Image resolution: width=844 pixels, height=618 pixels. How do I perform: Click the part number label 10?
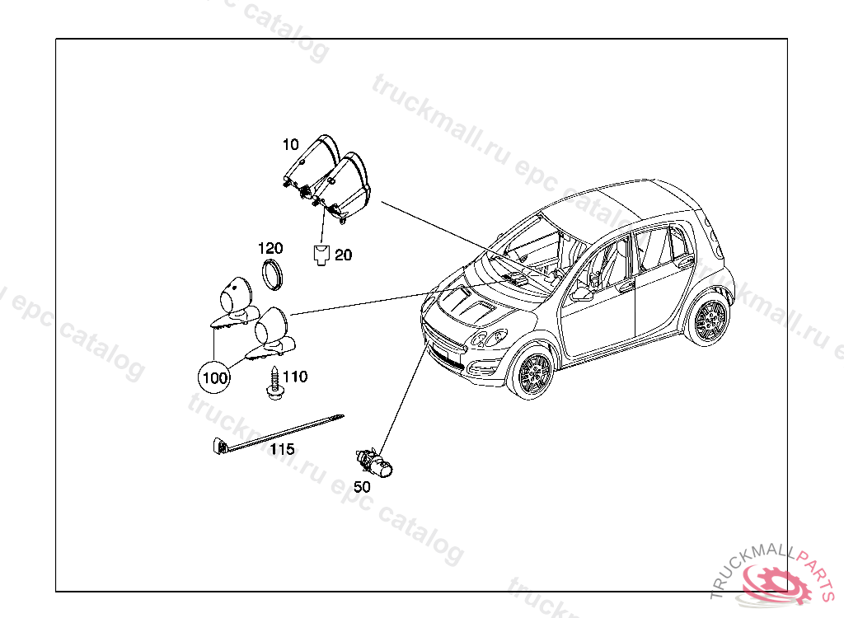tap(290, 145)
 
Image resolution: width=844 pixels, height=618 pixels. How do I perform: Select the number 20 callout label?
tap(343, 255)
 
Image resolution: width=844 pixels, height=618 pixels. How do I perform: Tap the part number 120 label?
tap(270, 248)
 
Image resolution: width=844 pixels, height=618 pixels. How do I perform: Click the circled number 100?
tap(214, 378)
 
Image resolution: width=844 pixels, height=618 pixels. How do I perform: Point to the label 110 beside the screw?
tap(294, 377)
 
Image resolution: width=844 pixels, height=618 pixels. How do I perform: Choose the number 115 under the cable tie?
tap(282, 449)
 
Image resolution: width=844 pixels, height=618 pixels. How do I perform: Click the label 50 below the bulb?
tap(362, 487)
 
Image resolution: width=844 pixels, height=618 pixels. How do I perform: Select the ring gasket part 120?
tap(273, 274)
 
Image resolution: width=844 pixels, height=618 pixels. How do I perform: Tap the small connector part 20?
tap(321, 256)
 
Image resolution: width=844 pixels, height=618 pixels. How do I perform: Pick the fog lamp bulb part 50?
tap(377, 464)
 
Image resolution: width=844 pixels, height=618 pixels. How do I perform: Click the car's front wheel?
tap(532, 375)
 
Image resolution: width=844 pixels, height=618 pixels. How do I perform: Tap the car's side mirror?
tap(582, 294)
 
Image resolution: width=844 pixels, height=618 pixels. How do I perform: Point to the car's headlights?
tap(489, 339)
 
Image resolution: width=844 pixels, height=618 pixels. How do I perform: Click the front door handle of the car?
tap(627, 286)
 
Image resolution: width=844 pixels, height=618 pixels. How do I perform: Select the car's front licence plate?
tap(445, 359)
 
